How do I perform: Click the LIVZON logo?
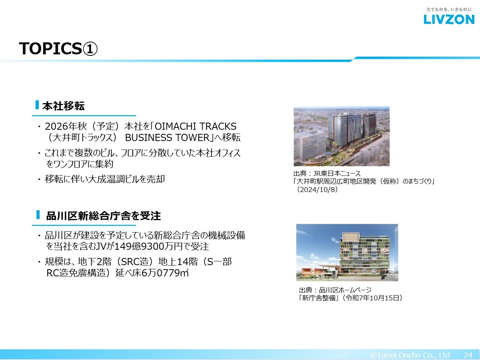[449, 19]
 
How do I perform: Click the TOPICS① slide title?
[58, 48]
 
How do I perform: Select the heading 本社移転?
[63, 106]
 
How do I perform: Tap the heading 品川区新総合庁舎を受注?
[103, 216]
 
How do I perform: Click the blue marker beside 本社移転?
[37, 105]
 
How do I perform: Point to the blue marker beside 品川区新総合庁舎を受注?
[38, 214]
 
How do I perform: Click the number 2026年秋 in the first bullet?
[66, 126]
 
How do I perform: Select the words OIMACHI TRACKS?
[195, 126]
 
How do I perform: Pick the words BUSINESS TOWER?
[167, 138]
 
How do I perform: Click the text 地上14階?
[178, 262]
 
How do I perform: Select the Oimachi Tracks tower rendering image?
[342, 136]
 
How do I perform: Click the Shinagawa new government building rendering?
[347, 252]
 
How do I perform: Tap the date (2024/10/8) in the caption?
[317, 189]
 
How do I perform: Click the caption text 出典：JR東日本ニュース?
[327, 174]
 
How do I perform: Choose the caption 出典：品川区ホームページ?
[335, 290]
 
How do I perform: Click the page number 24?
[468, 355]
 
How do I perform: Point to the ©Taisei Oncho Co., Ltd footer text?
[410, 355]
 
